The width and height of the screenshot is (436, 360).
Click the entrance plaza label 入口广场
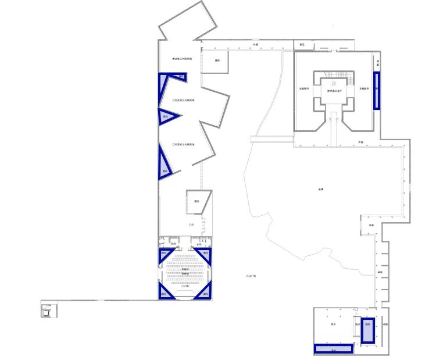(251, 275)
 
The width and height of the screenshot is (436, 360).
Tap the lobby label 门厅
(191, 224)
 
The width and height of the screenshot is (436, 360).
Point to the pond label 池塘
(320, 189)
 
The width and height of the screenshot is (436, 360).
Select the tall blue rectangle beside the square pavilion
(376, 90)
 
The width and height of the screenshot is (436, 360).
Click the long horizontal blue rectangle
(334, 349)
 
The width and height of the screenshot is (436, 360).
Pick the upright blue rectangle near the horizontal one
(367, 331)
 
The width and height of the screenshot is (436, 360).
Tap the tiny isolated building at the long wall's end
(47, 311)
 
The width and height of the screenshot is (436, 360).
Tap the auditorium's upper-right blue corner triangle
(205, 254)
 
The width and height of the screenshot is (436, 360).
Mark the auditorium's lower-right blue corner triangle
(204, 293)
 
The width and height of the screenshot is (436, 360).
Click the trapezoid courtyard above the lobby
(197, 201)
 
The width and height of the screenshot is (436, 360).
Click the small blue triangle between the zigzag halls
(166, 117)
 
